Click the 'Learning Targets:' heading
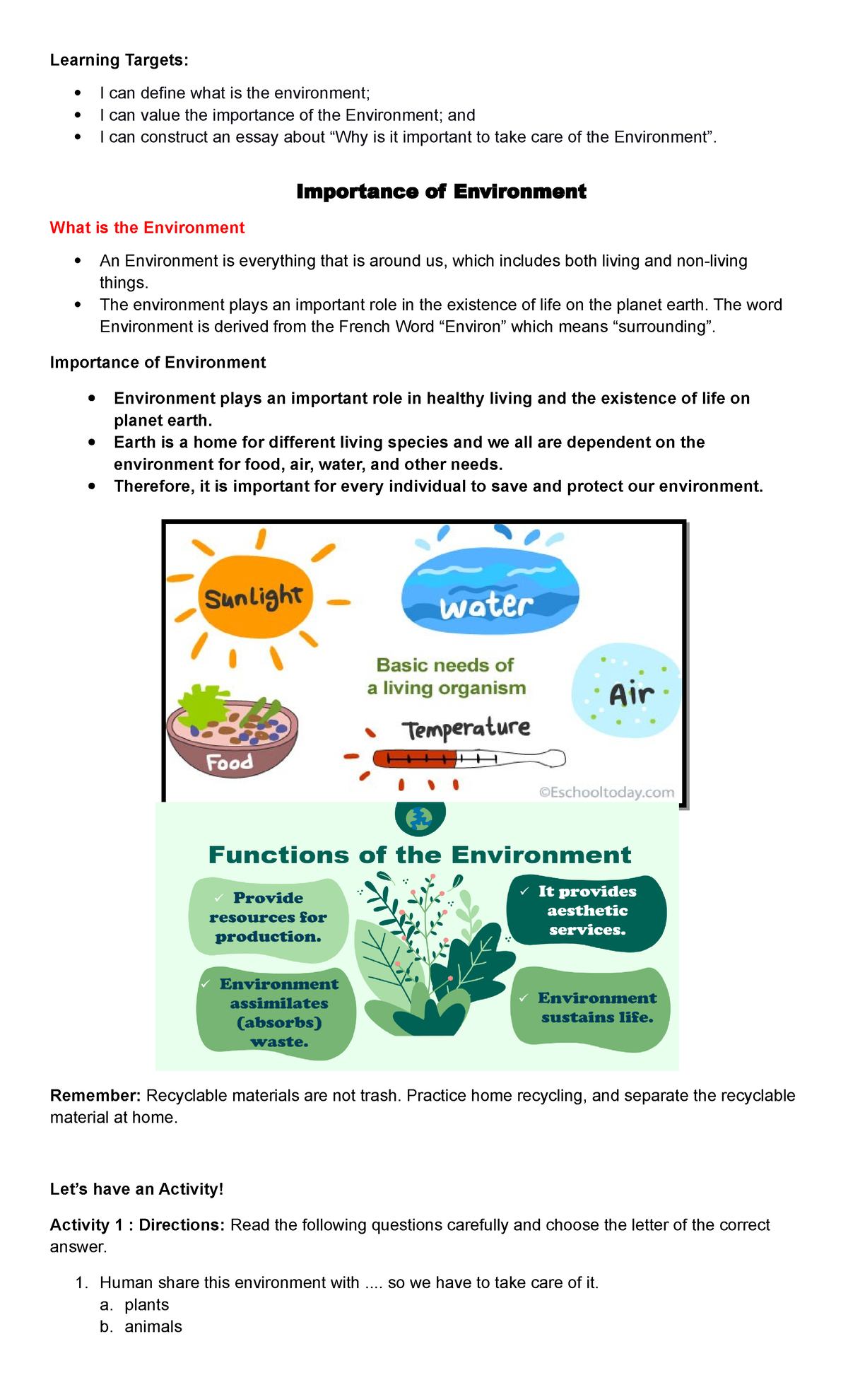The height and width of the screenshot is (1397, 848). tap(119, 60)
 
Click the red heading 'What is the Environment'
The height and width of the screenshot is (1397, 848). tap(147, 228)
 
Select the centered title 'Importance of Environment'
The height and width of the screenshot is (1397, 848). tap(441, 192)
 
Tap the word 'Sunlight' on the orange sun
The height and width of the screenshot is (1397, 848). tap(253, 598)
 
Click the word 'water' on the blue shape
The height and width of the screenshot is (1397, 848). tap(486, 607)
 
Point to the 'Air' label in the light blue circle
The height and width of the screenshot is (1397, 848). tap(631, 694)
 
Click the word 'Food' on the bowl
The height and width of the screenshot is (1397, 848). tap(230, 762)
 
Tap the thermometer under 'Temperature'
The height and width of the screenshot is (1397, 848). tap(469, 759)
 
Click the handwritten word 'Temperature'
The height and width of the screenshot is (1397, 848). tap(466, 728)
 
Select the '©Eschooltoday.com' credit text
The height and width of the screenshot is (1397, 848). tap(606, 793)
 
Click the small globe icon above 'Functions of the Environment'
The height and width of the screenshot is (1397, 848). tap(420, 818)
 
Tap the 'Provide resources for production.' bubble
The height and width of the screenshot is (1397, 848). tap(269, 918)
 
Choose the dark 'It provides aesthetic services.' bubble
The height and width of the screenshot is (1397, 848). tap(587, 911)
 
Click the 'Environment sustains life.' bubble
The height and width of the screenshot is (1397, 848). tap(591, 1008)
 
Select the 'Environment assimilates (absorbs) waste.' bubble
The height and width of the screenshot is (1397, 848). tap(277, 1013)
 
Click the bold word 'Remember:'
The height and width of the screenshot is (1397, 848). tap(95, 1096)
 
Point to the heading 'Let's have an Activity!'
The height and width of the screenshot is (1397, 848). tap(136, 1189)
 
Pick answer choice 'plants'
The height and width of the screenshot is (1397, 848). tap(147, 1305)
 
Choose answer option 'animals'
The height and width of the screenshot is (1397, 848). tap(153, 1327)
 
